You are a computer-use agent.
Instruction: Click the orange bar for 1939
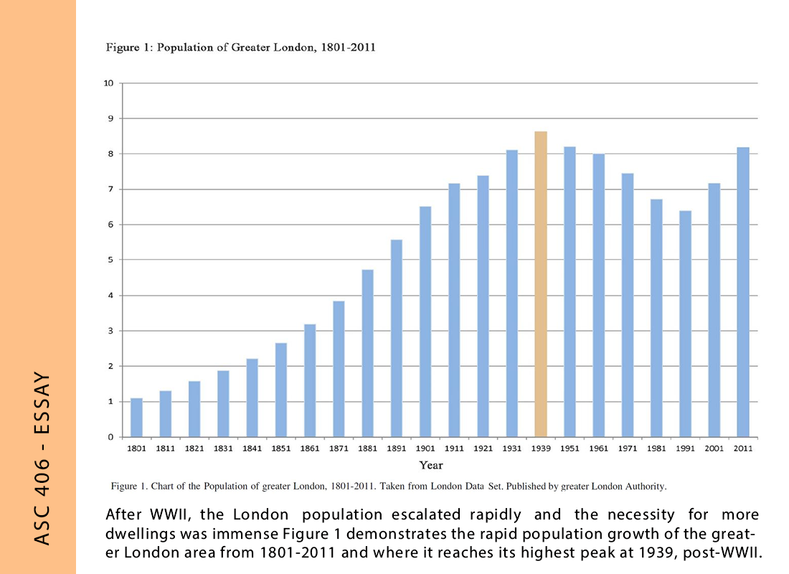tap(541, 284)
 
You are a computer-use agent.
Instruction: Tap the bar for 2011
tap(743, 292)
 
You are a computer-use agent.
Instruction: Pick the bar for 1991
tap(685, 324)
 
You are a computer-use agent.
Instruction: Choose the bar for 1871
tap(339, 369)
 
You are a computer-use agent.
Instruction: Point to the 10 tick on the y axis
tap(109, 83)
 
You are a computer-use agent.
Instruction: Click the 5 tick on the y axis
tap(110, 260)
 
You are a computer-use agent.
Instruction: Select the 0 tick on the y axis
tap(110, 437)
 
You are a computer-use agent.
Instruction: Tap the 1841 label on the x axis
tap(252, 448)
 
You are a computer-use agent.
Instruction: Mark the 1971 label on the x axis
tap(628, 448)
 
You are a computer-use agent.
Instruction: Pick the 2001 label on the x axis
tap(714, 448)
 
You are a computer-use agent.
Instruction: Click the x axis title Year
tap(431, 465)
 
